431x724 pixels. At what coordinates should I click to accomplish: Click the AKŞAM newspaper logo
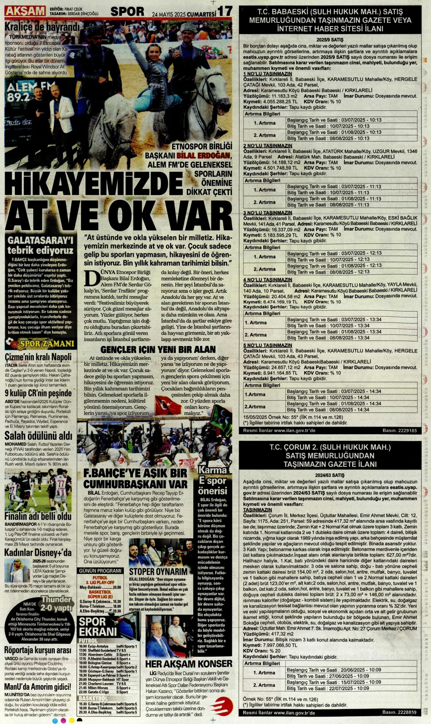pos(25,11)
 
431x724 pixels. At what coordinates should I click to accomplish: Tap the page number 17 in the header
pos(224,10)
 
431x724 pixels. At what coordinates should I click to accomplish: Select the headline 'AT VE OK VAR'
pos(118,215)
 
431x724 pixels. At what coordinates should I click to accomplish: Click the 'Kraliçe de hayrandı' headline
pos(42,26)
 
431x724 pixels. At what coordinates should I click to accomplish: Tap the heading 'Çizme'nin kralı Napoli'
pos(38,357)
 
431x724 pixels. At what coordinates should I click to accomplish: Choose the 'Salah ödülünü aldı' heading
pos(38,436)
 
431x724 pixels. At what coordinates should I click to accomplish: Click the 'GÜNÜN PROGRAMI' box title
pos(100,571)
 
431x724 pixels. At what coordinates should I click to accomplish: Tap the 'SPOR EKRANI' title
pos(98,627)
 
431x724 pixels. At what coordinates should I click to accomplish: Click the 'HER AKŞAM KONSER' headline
pos(189,664)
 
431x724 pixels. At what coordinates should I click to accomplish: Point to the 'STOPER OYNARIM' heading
pos(158,572)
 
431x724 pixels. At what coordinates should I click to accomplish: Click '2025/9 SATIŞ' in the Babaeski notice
pos(330,40)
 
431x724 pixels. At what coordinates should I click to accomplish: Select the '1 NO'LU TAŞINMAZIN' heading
pos(268,74)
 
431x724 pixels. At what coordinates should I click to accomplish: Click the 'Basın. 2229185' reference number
pos(399,430)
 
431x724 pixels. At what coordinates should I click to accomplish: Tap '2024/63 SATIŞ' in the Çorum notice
pos(330,475)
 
